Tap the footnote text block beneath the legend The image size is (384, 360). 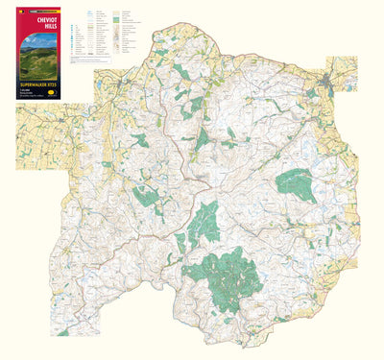pyautogui.click(x=106, y=61)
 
